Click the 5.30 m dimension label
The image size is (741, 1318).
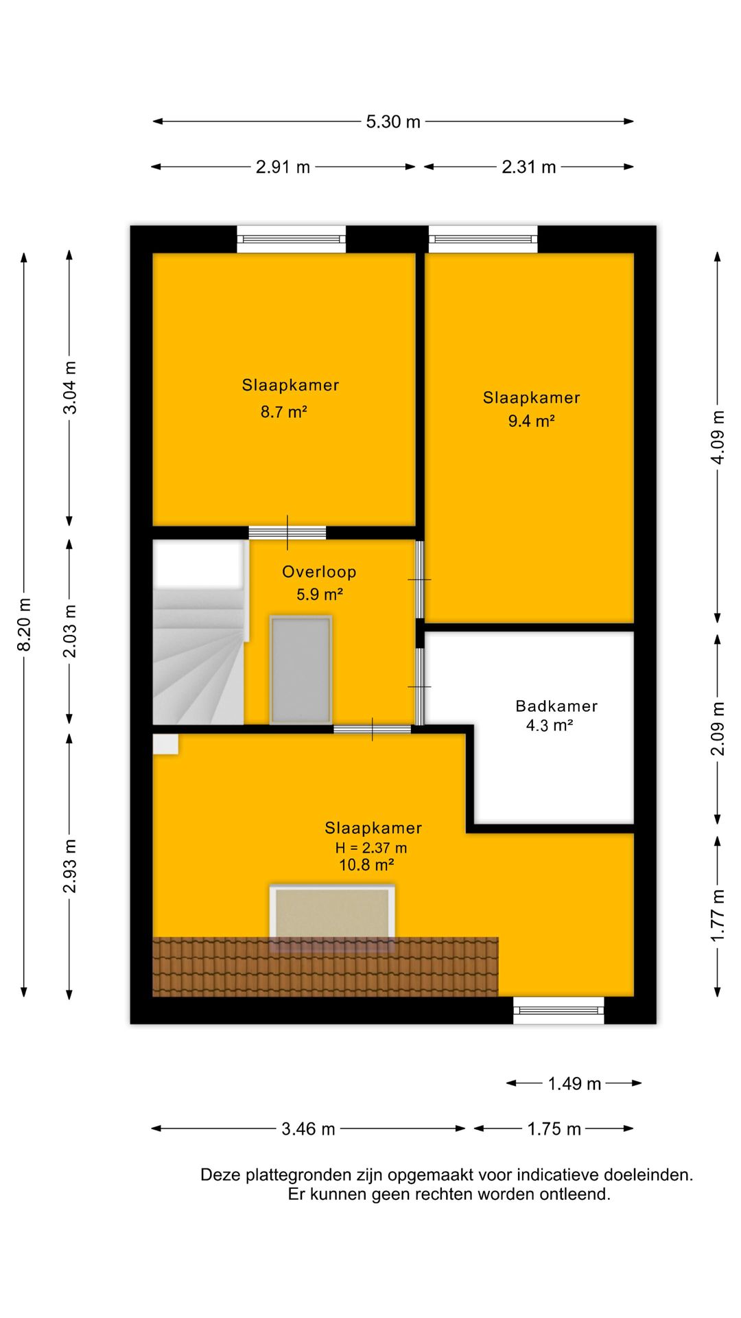pyautogui.click(x=393, y=122)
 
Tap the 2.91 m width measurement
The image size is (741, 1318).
pyautogui.click(x=283, y=167)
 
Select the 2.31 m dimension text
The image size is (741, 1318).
pyautogui.click(x=528, y=167)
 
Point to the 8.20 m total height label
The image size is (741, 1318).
pyautogui.click(x=24, y=624)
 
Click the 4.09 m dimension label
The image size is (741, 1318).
pyautogui.click(x=718, y=437)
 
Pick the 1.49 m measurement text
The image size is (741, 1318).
pyautogui.click(x=574, y=1084)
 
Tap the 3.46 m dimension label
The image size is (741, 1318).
pyautogui.click(x=308, y=1129)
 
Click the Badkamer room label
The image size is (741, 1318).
pyautogui.click(x=556, y=706)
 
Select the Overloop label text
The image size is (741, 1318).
pyautogui.click(x=319, y=572)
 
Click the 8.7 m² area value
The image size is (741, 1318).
pyautogui.click(x=283, y=412)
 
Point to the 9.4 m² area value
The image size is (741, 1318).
pyautogui.click(x=531, y=421)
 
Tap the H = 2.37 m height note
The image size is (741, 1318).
pyautogui.click(x=370, y=848)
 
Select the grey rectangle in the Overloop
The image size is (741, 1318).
pyautogui.click(x=301, y=669)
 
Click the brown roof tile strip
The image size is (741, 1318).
pyautogui.click(x=325, y=967)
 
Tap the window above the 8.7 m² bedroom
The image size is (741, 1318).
pyautogui.click(x=292, y=240)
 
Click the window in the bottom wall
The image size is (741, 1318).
pyautogui.click(x=558, y=1010)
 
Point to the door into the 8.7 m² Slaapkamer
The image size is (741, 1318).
pyautogui.click(x=287, y=533)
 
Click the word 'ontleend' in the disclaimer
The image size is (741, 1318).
pyautogui.click(x=575, y=1194)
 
